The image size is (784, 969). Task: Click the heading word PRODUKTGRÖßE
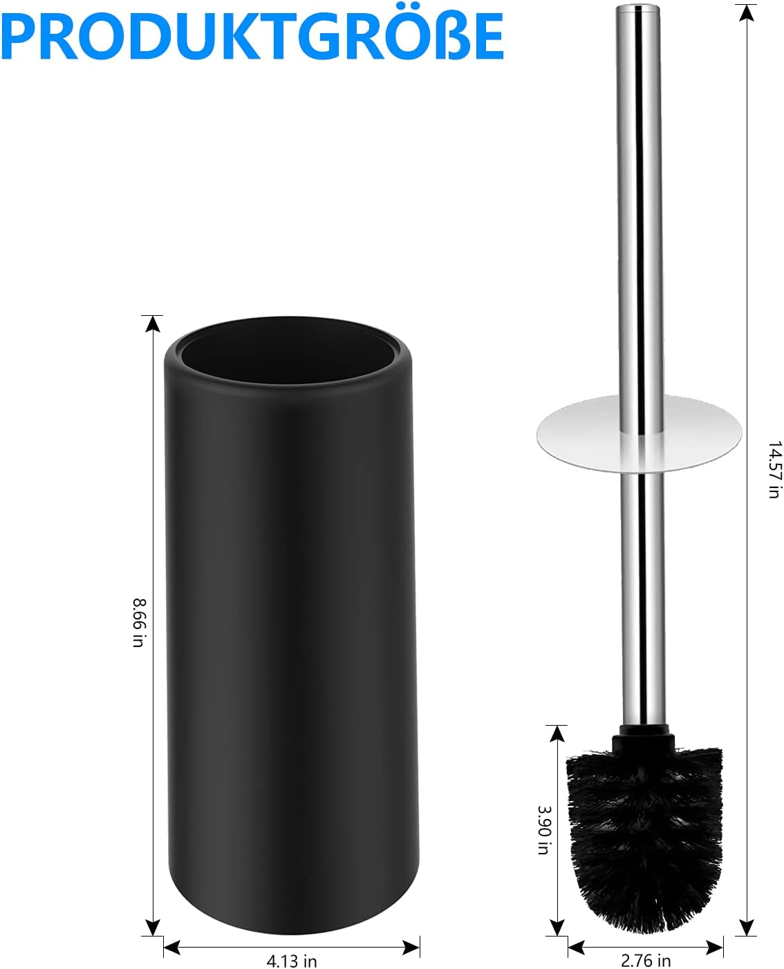coord(252,36)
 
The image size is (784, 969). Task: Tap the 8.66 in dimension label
coord(139,623)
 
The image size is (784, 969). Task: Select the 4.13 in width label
coord(292,961)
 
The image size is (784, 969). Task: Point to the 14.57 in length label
coord(774,470)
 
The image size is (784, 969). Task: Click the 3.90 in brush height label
coord(544,829)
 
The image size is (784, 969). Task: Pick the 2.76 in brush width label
coord(646,960)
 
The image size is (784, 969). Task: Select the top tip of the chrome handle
coord(637,10)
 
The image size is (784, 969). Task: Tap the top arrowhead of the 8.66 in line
coord(152,323)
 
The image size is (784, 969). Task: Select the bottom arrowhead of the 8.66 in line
coord(152,928)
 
